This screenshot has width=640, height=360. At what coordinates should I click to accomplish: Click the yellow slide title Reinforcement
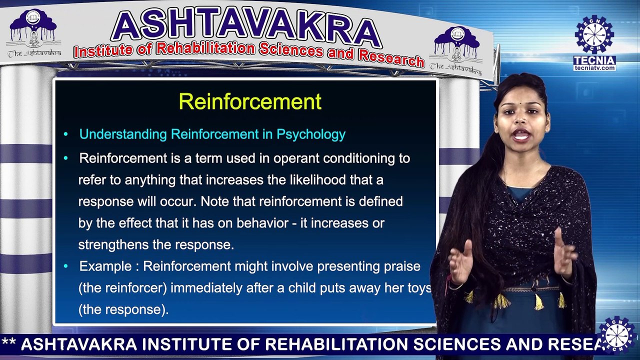click(x=250, y=101)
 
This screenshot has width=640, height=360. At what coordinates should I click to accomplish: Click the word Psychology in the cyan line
click(x=311, y=134)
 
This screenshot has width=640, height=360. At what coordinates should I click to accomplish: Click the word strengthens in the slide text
click(x=117, y=245)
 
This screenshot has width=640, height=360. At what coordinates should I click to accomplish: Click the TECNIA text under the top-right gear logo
click(x=594, y=60)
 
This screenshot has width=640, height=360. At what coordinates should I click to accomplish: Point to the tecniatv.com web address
click(x=594, y=68)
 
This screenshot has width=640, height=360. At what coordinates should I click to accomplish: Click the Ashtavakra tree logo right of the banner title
click(x=456, y=47)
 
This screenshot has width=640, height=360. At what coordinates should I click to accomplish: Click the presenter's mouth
click(x=521, y=135)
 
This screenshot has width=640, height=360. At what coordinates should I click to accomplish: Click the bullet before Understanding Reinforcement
click(x=66, y=134)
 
